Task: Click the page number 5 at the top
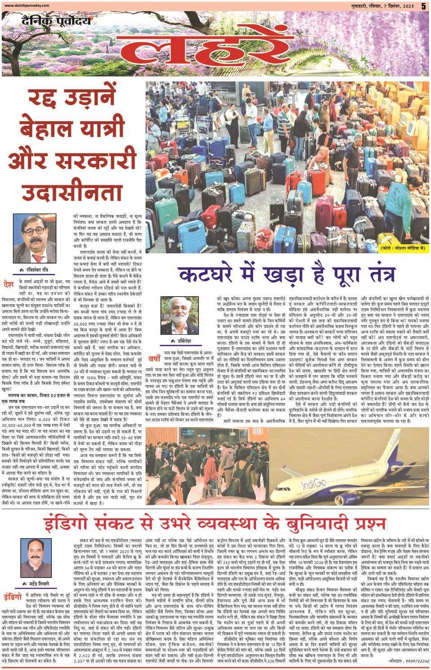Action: click(x=423, y=6)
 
